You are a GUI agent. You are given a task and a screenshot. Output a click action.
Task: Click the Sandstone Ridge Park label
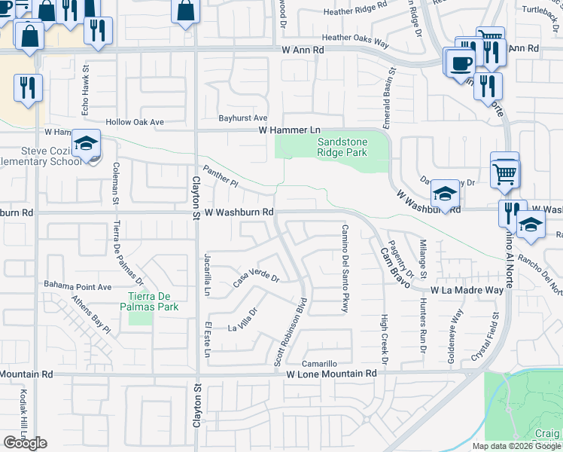point(342,147)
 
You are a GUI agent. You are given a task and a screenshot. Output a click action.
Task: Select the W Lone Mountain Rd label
point(331,373)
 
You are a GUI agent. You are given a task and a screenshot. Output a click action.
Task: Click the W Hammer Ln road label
point(290,130)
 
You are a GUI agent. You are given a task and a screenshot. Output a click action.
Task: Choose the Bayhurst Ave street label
point(243,118)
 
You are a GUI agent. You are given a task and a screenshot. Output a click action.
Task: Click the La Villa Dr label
point(243,319)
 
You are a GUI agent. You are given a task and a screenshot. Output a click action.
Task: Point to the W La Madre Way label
point(467,290)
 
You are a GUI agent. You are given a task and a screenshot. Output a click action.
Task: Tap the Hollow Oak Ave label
point(135,122)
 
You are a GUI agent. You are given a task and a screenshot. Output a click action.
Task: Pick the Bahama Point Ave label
point(78,286)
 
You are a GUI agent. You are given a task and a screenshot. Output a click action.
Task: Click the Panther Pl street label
point(220,177)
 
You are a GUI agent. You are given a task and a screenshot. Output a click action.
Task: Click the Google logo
point(25,443)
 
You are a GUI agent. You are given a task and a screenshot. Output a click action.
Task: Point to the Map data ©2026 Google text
point(516,446)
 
